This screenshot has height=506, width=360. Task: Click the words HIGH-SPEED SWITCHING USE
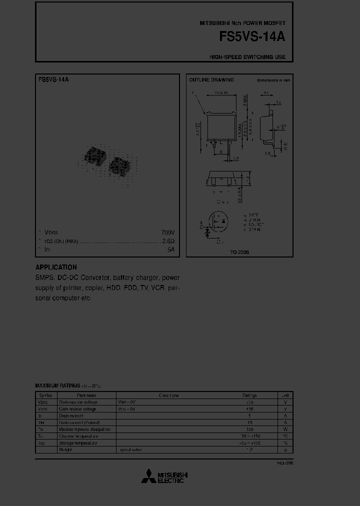[x=247, y=57]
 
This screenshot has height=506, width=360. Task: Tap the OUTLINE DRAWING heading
[x=211, y=80]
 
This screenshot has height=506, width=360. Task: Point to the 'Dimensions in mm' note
[x=273, y=80]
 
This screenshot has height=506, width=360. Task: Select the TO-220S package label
[x=239, y=252]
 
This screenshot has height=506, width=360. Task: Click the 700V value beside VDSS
[x=168, y=232]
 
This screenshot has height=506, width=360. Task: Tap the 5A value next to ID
[x=171, y=249]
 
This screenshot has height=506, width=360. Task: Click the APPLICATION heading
[x=56, y=267]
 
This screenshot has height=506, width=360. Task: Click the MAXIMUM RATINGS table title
[x=57, y=386]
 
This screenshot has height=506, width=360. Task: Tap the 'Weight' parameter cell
[x=65, y=450]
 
